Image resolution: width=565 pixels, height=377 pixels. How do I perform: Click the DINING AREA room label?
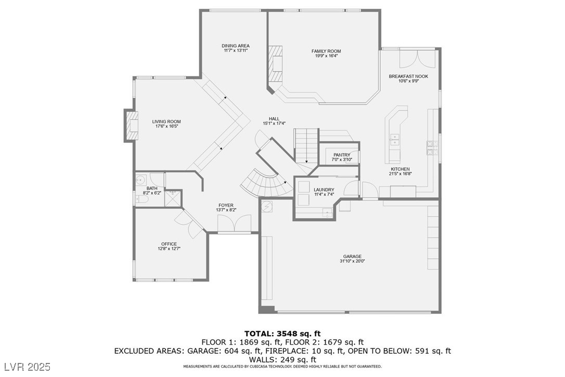235,46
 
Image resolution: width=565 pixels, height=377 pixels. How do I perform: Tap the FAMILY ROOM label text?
326,51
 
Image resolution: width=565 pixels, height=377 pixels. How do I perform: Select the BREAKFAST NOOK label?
408,77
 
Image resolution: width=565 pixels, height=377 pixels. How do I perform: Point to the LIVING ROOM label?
166,121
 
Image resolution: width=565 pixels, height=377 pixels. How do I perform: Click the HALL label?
274,119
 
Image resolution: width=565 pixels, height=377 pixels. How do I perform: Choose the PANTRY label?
342,155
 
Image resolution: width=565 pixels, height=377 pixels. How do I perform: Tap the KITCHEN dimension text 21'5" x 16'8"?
400,173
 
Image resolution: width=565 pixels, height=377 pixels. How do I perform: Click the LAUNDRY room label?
324,190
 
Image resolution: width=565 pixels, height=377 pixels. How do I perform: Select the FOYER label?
226,205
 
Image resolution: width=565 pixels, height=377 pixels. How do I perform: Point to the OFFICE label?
169,244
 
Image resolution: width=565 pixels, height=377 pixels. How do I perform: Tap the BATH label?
152,188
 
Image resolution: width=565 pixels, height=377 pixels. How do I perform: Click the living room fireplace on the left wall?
131,125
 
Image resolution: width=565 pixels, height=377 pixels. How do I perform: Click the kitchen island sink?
395,139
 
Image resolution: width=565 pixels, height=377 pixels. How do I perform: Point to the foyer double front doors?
234,224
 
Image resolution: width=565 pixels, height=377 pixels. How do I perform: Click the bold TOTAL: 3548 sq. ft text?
282,333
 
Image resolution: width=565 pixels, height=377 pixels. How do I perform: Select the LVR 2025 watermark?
28,367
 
